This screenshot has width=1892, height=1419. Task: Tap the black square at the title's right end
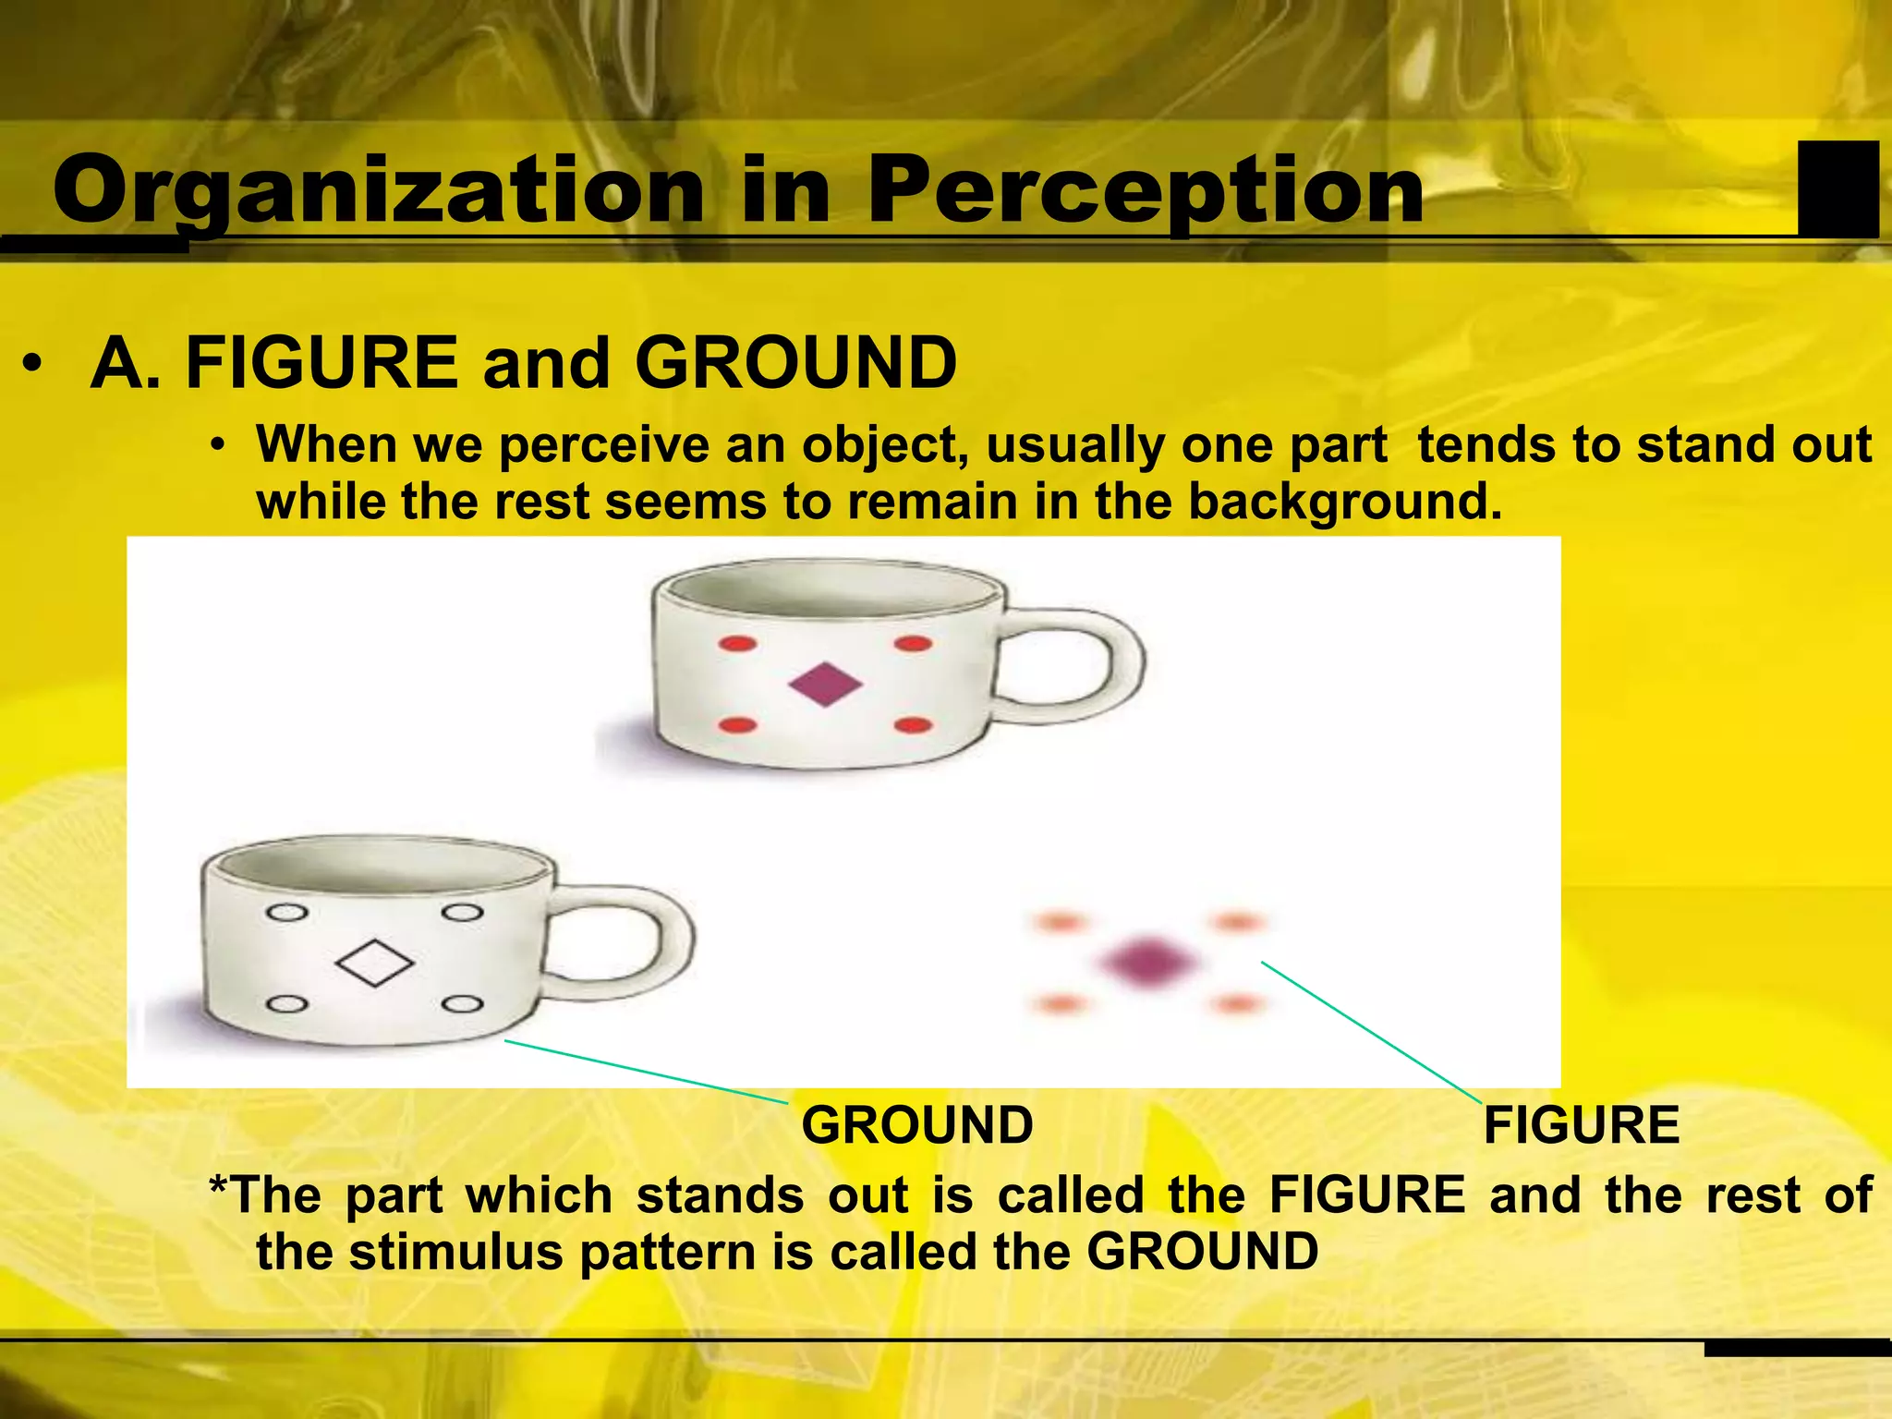click(1837, 188)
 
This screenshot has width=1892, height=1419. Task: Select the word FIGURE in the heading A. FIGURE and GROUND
click(321, 363)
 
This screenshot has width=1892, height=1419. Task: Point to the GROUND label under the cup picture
click(916, 1125)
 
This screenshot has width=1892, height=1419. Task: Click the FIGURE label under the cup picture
click(1582, 1125)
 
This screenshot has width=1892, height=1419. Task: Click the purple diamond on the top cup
click(825, 685)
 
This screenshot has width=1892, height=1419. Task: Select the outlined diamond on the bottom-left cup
click(375, 963)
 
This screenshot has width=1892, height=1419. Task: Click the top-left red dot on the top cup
click(737, 644)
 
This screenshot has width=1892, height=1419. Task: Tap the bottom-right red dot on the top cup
click(913, 725)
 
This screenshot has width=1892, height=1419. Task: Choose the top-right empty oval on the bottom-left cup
click(462, 913)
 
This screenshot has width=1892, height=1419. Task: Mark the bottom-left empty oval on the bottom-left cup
click(287, 1004)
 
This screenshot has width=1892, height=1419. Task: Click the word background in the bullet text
click(1344, 503)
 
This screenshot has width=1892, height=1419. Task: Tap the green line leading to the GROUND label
click(647, 1072)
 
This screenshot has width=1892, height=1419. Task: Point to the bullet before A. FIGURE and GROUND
click(33, 365)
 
